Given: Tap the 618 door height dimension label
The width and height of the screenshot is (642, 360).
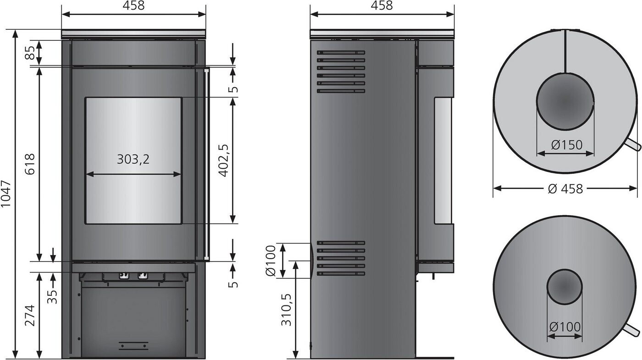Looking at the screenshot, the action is (x=30, y=164).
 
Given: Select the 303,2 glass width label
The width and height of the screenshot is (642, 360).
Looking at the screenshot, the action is (x=133, y=159).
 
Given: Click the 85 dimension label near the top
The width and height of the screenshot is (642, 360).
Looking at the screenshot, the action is (x=30, y=53).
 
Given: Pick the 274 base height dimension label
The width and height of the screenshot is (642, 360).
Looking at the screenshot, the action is (x=30, y=316).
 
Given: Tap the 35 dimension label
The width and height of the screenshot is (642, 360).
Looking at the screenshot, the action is (x=52, y=296).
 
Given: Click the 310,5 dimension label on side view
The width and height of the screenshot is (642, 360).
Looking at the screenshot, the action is (x=286, y=310).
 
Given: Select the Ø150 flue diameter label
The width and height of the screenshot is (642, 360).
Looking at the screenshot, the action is (x=567, y=145).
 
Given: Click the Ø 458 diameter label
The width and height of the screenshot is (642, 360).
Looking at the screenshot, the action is (x=565, y=188).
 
